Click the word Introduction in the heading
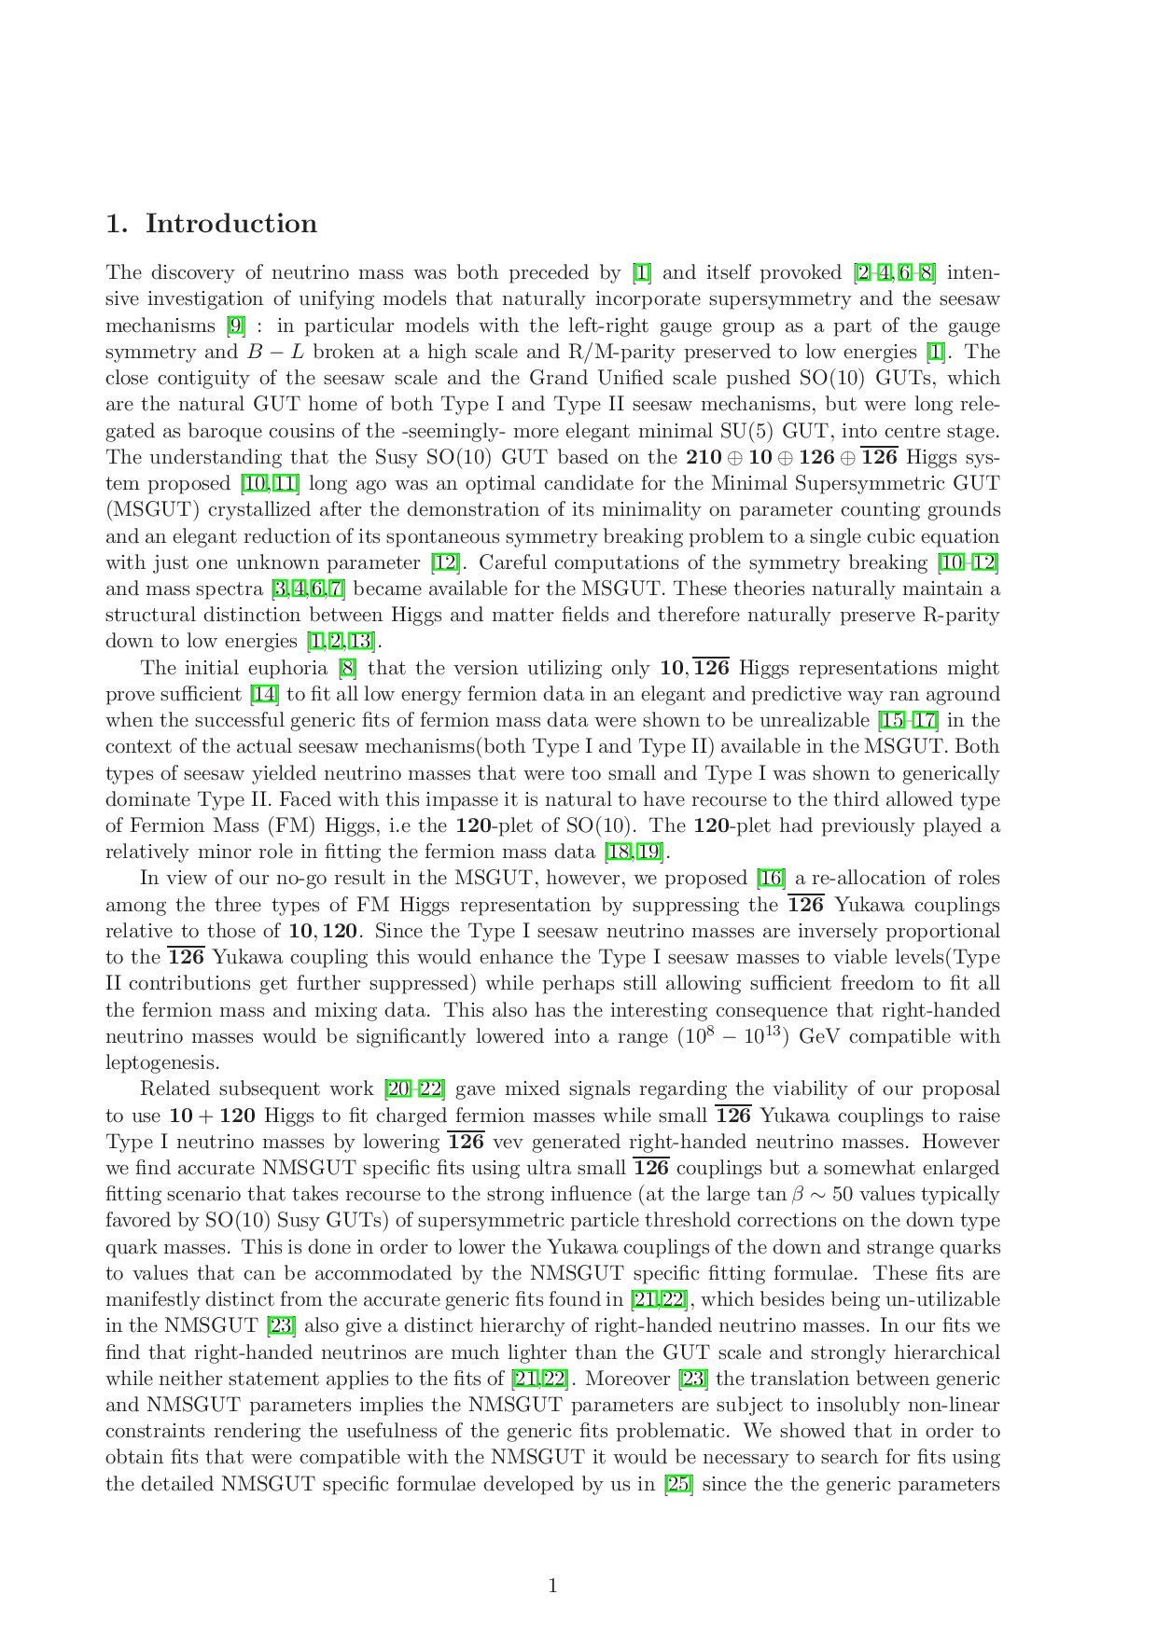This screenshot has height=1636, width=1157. click(234, 227)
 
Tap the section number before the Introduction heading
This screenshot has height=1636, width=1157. click(115, 227)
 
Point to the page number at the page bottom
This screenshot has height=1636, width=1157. click(552, 1586)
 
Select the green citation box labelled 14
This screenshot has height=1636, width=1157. click(265, 694)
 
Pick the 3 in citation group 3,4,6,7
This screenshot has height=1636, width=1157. click(281, 588)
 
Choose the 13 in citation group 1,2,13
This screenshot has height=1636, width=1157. click(360, 641)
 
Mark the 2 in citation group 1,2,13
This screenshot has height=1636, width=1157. click(335, 641)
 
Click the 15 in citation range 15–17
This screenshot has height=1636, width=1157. click(893, 720)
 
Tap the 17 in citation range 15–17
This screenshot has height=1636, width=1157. click(925, 720)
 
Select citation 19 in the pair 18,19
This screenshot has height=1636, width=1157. click(649, 852)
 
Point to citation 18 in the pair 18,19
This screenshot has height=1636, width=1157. click(619, 852)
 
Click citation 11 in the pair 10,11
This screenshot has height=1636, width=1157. click(286, 483)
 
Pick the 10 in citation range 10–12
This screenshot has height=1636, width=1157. click(952, 562)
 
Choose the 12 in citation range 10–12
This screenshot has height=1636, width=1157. click(984, 562)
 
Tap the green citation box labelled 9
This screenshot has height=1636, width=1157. click(236, 325)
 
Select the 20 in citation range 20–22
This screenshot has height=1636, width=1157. click(399, 1088)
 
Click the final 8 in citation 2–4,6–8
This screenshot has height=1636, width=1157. click(926, 272)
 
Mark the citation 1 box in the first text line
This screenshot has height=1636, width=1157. click(642, 272)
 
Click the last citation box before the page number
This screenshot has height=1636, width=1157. click(678, 1484)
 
